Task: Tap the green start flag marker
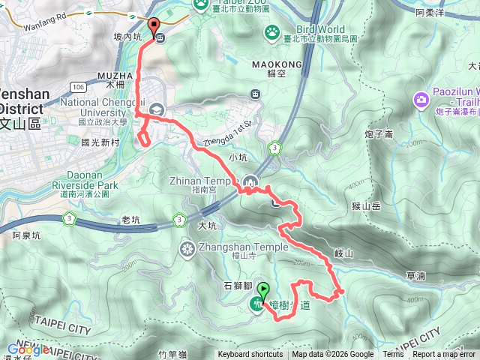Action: tap(262, 289)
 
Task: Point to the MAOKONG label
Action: tap(283, 65)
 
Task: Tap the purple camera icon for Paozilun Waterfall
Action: tap(420, 98)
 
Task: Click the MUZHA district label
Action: tap(115, 76)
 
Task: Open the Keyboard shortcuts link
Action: tap(250, 355)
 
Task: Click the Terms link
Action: tap(393, 355)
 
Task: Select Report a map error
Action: tap(445, 355)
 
